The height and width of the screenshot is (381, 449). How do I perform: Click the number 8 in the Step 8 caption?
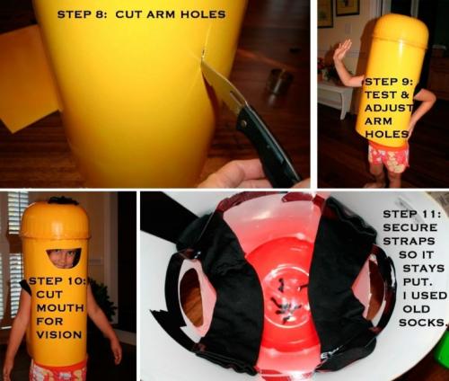99,14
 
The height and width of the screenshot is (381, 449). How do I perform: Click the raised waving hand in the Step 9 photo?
342,51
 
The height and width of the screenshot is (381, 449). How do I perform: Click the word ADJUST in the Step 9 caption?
389,108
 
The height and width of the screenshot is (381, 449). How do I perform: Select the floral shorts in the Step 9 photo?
389,158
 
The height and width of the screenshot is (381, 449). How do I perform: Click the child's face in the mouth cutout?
64,258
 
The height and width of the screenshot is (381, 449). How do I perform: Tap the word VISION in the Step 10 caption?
59,334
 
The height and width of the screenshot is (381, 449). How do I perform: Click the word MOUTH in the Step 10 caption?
60,308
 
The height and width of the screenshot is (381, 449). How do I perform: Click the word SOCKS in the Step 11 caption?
422,323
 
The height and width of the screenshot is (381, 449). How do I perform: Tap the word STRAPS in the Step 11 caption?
409,241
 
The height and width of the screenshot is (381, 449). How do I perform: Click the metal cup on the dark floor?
279,81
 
